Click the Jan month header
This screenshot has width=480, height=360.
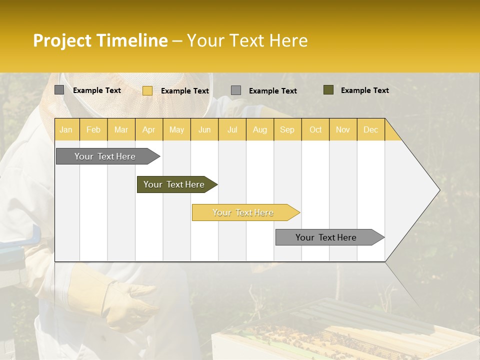click(66, 129)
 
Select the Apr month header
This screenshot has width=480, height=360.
click(149, 129)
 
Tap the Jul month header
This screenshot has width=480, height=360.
click(232, 129)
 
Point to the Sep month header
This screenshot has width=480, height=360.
click(287, 129)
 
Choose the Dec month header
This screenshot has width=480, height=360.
click(370, 129)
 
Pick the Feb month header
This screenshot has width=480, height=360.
click(93, 129)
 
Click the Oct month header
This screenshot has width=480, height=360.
click(315, 129)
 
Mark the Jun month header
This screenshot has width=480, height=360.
click(204, 129)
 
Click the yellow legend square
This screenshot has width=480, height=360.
click(147, 90)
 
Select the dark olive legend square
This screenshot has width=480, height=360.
click(328, 90)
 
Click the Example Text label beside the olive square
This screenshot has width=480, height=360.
click(364, 90)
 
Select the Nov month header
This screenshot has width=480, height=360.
click(343, 129)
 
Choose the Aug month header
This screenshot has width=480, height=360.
click(259, 129)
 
